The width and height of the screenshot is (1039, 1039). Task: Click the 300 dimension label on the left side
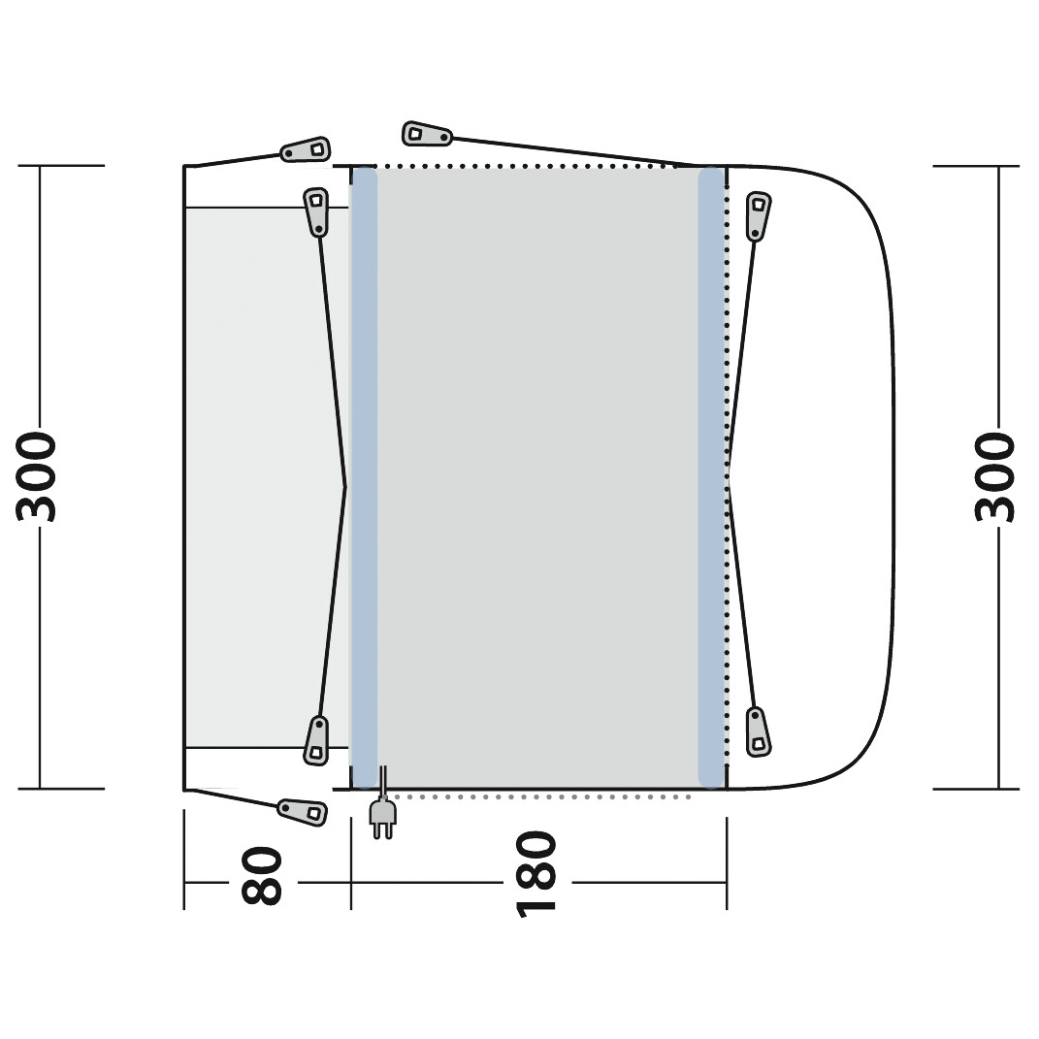tap(37, 477)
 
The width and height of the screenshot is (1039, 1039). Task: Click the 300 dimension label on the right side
tap(995, 477)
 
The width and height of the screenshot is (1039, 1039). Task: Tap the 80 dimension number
tap(262, 875)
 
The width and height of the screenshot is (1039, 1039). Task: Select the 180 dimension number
tap(536, 874)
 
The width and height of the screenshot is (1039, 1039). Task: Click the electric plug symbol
tap(383, 812)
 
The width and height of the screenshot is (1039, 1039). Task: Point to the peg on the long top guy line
tap(427, 134)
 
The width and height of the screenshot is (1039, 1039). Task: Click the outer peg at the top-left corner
tap(306, 149)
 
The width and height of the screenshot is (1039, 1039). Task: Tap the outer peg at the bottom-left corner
tap(302, 811)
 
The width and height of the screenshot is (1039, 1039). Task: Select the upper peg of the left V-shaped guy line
tap(316, 211)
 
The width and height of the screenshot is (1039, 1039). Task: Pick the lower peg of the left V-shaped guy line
tap(316, 740)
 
